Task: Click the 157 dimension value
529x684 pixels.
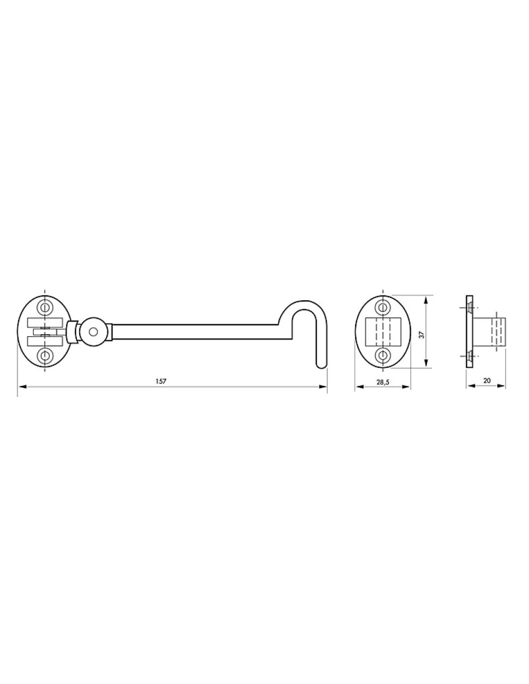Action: tap(161, 381)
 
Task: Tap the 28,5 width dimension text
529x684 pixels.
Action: tap(383, 382)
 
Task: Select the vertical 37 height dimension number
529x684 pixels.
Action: tap(422, 335)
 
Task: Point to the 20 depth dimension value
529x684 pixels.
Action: tap(486, 380)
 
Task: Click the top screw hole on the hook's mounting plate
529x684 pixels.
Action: tap(45, 307)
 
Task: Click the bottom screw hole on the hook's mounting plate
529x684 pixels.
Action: tap(45, 356)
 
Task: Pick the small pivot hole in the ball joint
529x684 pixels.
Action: tap(93, 332)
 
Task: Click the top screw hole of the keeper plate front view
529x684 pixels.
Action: tap(382, 307)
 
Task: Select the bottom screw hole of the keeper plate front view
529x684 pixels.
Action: tap(382, 355)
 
